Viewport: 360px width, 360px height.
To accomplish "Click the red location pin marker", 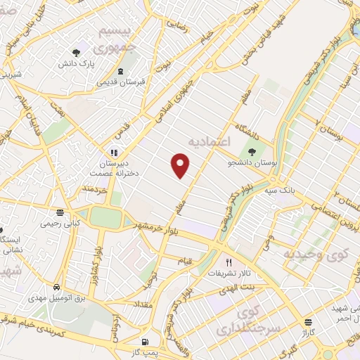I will (x=181, y=165).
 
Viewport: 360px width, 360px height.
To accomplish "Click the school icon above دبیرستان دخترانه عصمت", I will (x=112, y=152).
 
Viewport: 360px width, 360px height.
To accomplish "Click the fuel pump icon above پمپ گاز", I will (x=144, y=342).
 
